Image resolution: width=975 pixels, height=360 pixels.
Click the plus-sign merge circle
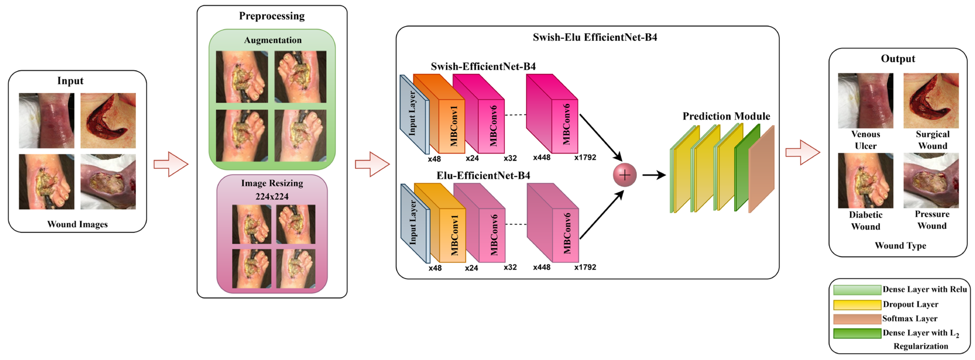point(625,175)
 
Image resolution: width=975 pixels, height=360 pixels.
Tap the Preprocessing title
point(272,16)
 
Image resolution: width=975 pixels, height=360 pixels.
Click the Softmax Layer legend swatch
point(857,319)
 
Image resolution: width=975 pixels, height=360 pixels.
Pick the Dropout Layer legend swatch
point(857,304)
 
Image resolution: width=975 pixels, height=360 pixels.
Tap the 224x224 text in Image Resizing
point(272,197)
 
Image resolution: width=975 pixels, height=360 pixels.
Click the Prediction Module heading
point(726,116)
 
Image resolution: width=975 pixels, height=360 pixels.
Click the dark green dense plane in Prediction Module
point(747,169)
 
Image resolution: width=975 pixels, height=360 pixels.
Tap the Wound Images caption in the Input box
point(77,224)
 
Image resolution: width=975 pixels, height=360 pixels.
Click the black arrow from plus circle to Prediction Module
point(654,175)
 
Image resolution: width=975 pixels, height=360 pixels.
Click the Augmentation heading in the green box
point(273,40)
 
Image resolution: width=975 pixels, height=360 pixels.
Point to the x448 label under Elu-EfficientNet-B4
point(541,267)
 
